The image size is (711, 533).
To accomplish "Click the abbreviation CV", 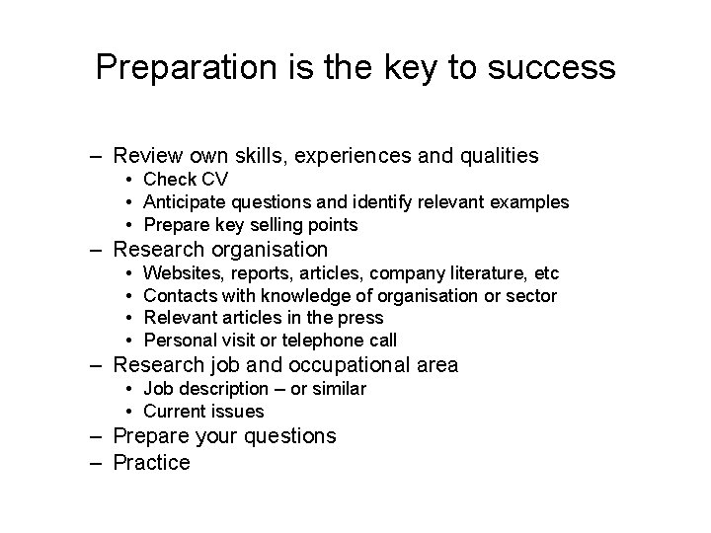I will coord(214,180).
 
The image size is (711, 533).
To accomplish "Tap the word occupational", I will coord(353,365).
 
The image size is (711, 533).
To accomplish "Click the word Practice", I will coord(152,462).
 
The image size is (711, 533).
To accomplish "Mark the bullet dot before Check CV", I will coord(130,180).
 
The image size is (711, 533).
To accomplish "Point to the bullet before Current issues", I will coord(130,412).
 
